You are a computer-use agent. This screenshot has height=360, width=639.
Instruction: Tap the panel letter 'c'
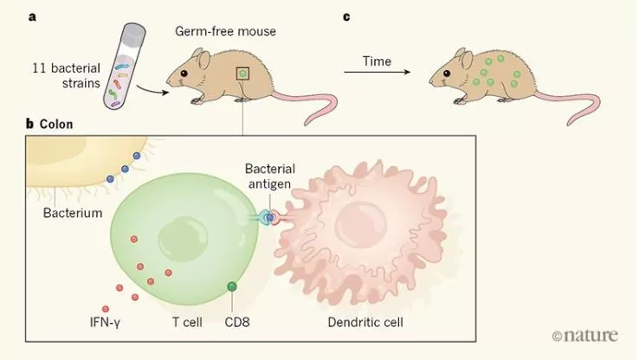click(x=347, y=16)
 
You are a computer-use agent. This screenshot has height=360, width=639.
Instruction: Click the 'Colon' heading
click(x=56, y=124)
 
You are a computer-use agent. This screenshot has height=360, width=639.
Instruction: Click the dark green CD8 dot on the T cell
click(x=232, y=286)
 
